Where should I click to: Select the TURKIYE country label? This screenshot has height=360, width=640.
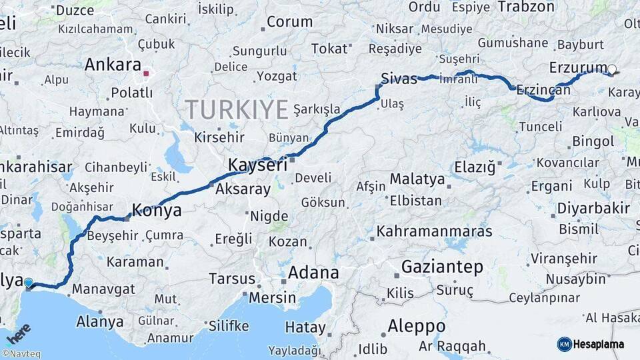[237, 109]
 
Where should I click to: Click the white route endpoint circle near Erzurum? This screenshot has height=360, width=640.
[612, 69]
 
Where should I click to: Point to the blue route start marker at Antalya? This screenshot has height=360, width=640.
[29, 283]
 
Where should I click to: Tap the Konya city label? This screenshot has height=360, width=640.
[157, 211]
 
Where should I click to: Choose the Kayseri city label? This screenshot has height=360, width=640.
[257, 165]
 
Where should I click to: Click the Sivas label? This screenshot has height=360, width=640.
[399, 79]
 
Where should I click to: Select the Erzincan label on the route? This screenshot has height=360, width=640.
[543, 89]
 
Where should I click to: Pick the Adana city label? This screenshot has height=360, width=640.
[313, 273]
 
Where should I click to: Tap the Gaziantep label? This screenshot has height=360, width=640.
[442, 267]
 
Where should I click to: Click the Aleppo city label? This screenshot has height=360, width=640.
[416, 327]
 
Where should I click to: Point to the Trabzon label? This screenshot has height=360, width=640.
[526, 7]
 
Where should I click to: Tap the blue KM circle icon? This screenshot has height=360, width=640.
[564, 344]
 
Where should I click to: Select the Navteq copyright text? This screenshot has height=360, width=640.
[21, 354]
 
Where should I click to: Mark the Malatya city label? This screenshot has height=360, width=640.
[417, 179]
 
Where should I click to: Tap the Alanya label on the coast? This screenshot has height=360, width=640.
[99, 321]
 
